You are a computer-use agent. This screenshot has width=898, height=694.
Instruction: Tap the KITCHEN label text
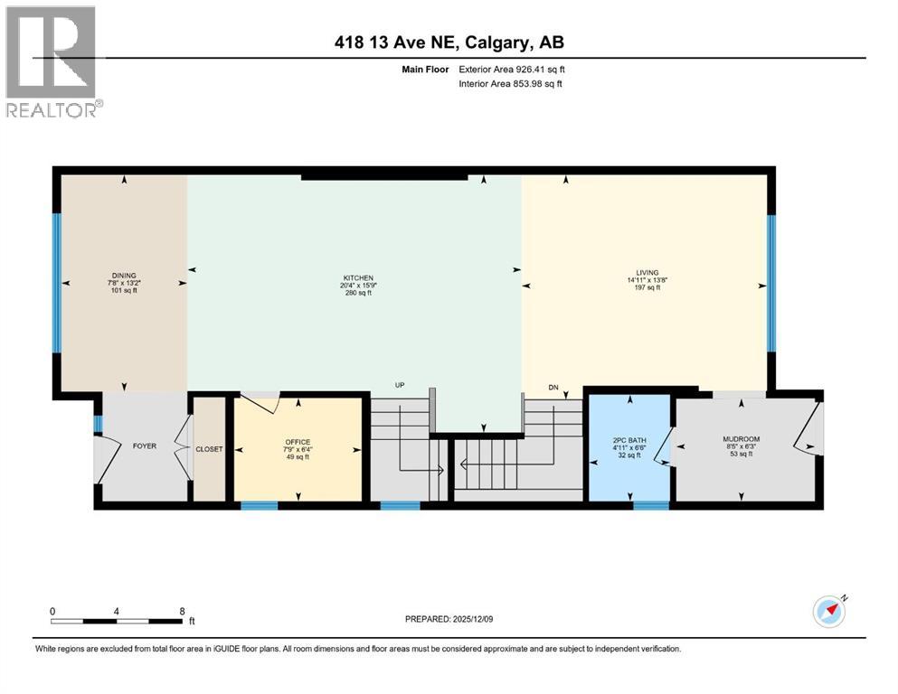(x=357, y=277)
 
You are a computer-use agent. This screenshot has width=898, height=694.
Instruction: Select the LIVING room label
(x=647, y=272)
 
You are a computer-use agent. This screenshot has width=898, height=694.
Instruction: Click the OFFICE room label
(x=298, y=442)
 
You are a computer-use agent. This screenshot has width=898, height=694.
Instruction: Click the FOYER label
(x=145, y=445)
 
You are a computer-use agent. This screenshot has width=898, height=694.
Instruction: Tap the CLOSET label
(x=210, y=449)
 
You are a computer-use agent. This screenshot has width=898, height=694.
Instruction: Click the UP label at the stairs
(x=399, y=385)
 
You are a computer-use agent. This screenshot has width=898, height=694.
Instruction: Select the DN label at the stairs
(x=553, y=388)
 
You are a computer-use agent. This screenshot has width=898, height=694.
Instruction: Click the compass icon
(x=829, y=612)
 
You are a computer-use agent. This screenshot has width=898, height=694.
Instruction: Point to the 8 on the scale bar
(x=182, y=611)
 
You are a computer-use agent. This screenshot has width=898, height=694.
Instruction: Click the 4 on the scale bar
(x=117, y=611)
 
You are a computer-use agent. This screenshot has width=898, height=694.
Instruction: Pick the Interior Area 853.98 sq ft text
(x=509, y=84)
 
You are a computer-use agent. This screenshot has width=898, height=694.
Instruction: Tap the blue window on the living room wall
(x=771, y=282)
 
